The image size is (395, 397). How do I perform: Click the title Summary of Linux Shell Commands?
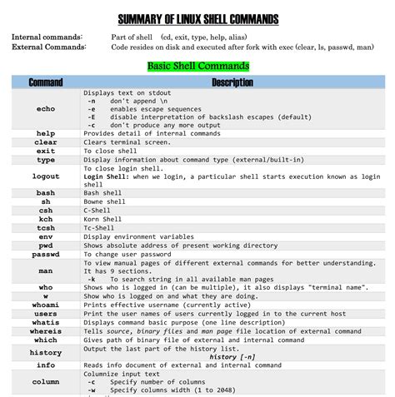pos(197,19)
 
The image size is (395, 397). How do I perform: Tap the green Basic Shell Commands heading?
pos(197,66)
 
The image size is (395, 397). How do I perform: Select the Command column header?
pos(45,83)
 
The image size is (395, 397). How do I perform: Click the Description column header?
pos(232,83)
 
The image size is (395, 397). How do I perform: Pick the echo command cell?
pos(45,109)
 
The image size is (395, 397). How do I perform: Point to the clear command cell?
pos(45,142)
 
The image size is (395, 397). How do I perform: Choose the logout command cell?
pos(45,176)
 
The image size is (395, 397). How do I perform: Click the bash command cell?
pos(45,193)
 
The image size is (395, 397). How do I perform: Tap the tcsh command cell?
pos(45,227)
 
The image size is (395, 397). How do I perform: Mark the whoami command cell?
pos(45,304)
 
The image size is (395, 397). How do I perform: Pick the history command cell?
pos(45,352)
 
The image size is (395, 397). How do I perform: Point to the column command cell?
pos(45,381)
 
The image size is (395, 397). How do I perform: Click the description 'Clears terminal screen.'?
pos(125,142)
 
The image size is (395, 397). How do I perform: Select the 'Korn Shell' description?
pos(105,219)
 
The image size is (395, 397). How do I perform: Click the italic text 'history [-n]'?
pos(232,356)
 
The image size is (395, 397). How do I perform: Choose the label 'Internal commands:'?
pos(47,37)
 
